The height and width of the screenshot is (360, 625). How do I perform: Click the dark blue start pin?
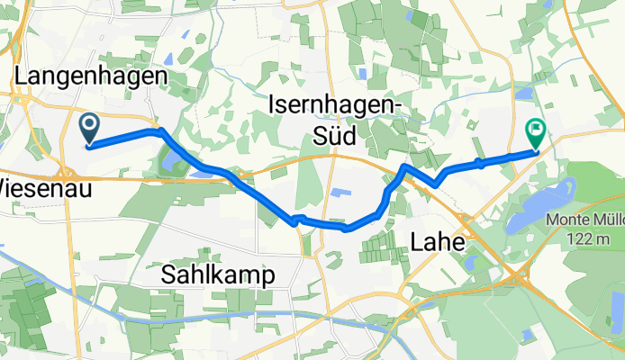coord(90,127)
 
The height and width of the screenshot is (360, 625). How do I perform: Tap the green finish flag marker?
coord(535,132)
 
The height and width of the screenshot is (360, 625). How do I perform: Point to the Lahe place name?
coord(437,242)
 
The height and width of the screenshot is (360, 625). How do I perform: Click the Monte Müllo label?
coord(584,220)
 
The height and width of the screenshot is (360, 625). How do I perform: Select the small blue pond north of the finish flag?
coord(525,93)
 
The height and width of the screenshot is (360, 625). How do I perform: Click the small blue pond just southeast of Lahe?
coord(470,262)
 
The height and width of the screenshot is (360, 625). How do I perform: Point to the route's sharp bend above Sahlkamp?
coord(293,220)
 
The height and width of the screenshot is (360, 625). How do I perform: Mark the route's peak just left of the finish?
coord(404,167)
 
